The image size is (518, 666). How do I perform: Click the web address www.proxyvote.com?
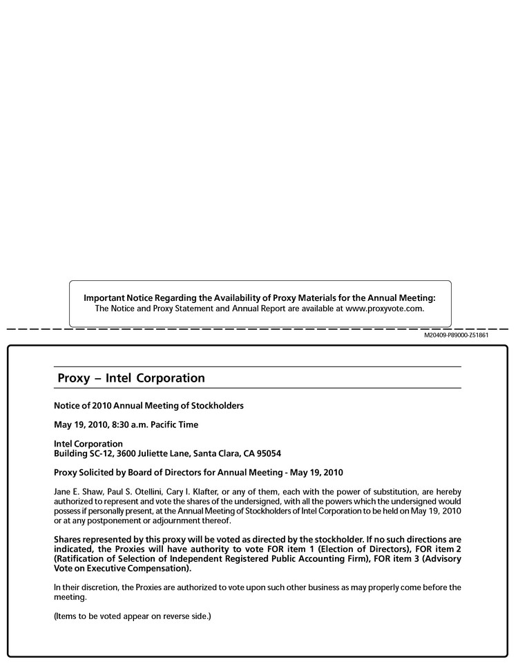coord(383,308)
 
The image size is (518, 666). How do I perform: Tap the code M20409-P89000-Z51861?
coord(457,335)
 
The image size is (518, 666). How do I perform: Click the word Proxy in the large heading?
coord(73,378)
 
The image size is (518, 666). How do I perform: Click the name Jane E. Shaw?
coord(77,491)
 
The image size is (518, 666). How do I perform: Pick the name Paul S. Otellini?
coord(130,491)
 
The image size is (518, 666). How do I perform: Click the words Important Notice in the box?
coord(118,297)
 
